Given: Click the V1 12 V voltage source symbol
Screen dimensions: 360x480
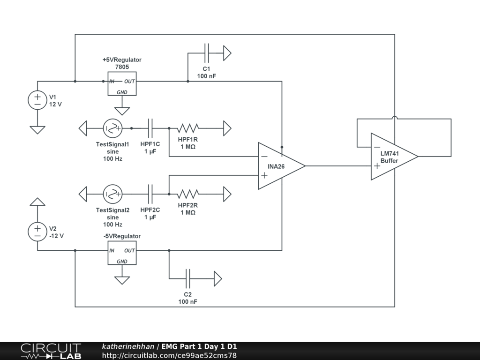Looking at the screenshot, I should [37, 100].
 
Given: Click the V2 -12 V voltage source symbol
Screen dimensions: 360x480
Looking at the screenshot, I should [37, 232].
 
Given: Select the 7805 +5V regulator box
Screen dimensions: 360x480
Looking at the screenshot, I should [122, 83].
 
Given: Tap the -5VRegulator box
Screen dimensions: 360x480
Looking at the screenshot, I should [122, 253].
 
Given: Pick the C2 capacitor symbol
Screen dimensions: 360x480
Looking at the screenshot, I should [188, 278].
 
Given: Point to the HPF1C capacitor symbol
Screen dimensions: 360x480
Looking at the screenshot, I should [150, 128].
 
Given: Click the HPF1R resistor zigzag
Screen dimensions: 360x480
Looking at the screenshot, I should [187, 128].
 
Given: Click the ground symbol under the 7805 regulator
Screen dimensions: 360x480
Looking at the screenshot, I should [122, 111].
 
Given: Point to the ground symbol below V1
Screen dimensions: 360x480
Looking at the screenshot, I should [37, 129].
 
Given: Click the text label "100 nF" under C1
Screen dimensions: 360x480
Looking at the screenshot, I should [206, 76].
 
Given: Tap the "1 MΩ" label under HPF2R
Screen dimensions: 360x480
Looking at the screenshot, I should [187, 212].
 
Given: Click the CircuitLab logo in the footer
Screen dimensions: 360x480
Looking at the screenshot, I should [51, 351].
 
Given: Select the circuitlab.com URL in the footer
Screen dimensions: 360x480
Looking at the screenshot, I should [169, 355].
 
